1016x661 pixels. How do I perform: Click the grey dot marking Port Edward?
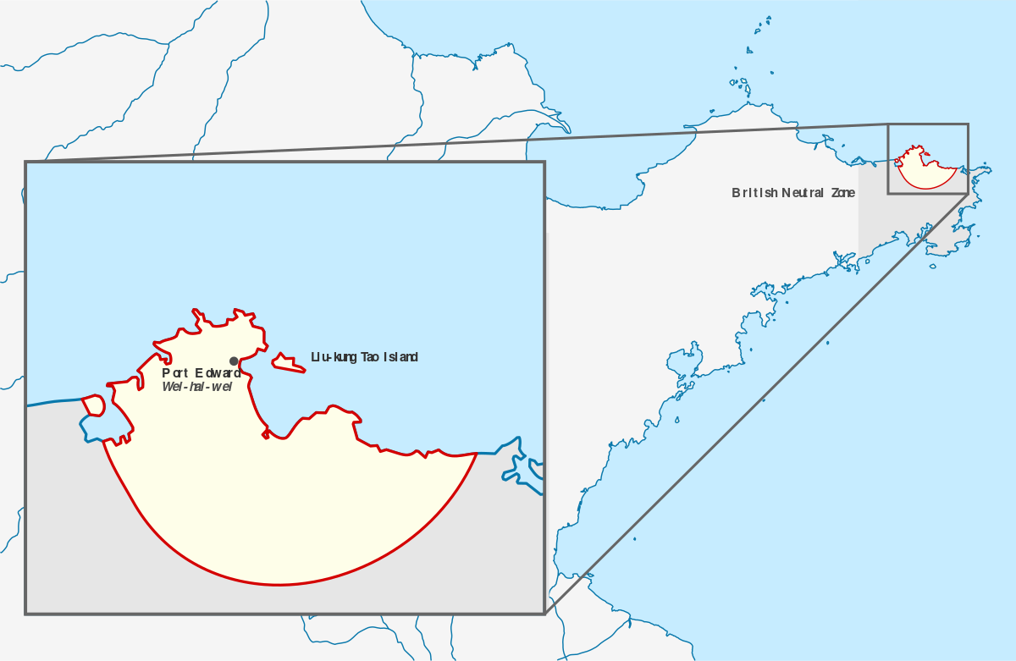234,361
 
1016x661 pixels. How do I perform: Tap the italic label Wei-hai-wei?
196,387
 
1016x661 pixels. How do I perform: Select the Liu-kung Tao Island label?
364,357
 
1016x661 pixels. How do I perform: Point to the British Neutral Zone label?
793,193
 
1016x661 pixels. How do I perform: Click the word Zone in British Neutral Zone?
843,193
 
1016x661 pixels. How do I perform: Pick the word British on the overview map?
754,193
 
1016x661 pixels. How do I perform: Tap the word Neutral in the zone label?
804,193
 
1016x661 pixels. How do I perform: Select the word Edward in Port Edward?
218,373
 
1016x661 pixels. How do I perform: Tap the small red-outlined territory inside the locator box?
926,174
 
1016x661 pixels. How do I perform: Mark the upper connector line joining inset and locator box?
457,143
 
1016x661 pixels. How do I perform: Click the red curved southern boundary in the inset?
279,584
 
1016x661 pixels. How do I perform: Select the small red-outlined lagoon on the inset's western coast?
93,405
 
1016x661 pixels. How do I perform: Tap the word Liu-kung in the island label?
335,357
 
